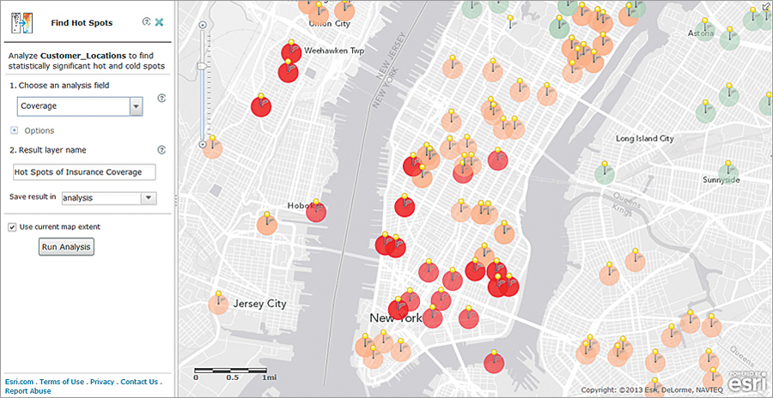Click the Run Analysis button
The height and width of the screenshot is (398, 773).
point(67,247)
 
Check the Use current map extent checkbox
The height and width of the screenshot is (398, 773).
point(12,227)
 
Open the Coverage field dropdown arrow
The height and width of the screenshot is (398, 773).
point(136,106)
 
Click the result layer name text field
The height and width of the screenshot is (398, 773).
point(83,172)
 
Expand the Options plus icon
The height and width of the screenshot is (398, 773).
point(14,130)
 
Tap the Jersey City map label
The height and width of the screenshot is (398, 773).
point(259,304)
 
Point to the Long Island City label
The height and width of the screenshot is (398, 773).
point(644,138)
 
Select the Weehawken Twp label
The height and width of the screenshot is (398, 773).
point(333,51)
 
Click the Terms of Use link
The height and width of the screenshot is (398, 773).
point(62,382)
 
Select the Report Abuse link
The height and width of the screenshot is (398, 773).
point(27,391)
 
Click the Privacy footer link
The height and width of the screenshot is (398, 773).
point(102,382)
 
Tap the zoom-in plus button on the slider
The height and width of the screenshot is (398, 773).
point(203,26)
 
